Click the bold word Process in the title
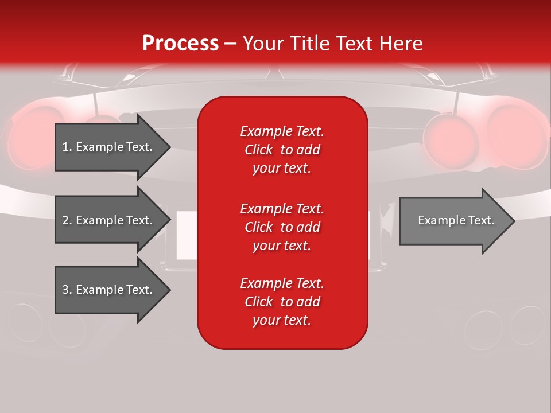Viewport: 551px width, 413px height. coord(180,44)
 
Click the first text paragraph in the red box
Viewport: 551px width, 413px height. coord(282,150)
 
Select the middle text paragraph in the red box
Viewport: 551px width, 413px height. coord(282,227)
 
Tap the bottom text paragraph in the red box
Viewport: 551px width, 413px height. coord(282,302)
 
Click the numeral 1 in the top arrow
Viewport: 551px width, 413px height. coord(65,147)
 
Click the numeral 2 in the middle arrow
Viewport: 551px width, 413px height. coord(66,220)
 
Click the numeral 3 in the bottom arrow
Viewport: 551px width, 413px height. coord(66,290)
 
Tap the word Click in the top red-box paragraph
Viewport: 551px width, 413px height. coord(258,150)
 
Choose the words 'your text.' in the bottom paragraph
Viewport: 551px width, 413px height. coord(282,320)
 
